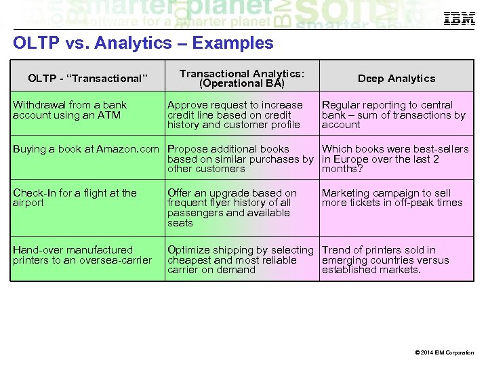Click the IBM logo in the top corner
(x=459, y=19)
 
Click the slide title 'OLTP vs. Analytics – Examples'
(x=143, y=43)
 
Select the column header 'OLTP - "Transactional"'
(x=87, y=79)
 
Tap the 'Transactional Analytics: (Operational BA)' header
(x=242, y=79)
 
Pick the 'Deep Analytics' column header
(x=396, y=79)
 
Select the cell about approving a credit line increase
(x=235, y=115)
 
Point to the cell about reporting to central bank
(x=393, y=115)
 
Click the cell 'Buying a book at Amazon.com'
(x=86, y=149)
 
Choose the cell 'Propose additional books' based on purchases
(x=240, y=159)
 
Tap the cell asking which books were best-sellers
(x=395, y=159)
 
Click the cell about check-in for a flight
(x=75, y=197)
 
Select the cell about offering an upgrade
(x=232, y=207)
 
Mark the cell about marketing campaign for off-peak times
(x=392, y=197)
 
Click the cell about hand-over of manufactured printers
(x=82, y=255)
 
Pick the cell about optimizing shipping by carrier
(x=240, y=260)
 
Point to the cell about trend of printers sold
(x=385, y=260)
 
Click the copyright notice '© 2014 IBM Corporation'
(x=445, y=352)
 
